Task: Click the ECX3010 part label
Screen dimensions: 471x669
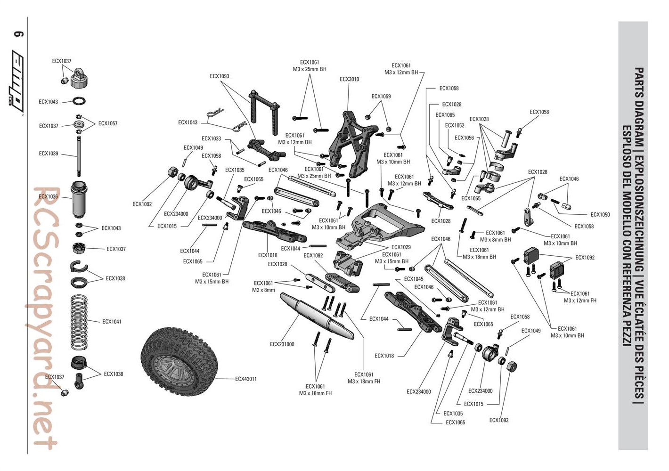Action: pyautogui.click(x=349, y=79)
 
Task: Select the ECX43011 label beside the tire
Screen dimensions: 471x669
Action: pyautogui.click(x=246, y=379)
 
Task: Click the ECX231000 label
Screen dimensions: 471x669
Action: pyautogui.click(x=282, y=344)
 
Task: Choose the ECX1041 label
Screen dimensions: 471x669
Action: pyautogui.click(x=112, y=322)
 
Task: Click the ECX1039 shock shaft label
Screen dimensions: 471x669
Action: pyautogui.click(x=49, y=154)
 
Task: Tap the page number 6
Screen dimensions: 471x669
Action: pyautogui.click(x=19, y=34)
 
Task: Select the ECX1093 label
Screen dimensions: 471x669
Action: pyautogui.click(x=220, y=76)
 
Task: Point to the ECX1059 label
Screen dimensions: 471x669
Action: pyautogui.click(x=381, y=97)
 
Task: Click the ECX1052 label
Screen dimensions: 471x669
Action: pyautogui.click(x=455, y=126)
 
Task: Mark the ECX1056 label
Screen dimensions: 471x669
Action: pyautogui.click(x=464, y=138)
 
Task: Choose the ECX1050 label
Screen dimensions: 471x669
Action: pyautogui.click(x=600, y=215)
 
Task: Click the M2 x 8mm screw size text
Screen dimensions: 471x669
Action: pyautogui.click(x=263, y=290)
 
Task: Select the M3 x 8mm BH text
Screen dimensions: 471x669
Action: pyautogui.click(x=495, y=240)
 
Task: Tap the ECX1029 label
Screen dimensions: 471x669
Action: pyautogui.click(x=401, y=247)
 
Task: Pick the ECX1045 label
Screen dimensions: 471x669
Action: pyautogui.click(x=414, y=279)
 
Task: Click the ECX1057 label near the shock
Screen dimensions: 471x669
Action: pyautogui.click(x=108, y=123)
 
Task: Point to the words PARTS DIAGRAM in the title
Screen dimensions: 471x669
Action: pyautogui.click(x=639, y=94)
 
